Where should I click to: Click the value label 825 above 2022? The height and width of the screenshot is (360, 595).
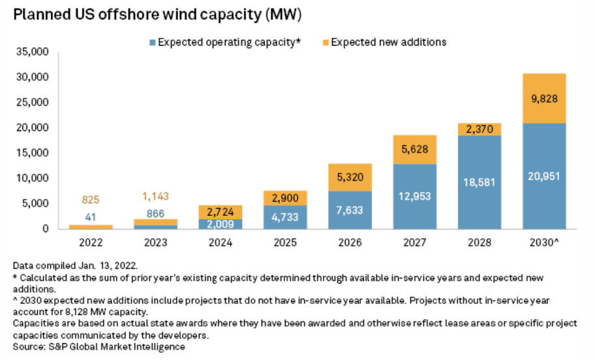91,200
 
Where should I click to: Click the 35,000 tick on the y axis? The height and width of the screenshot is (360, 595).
30,52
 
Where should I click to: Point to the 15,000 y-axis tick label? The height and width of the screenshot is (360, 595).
30,153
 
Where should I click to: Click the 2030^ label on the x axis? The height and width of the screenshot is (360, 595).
543,242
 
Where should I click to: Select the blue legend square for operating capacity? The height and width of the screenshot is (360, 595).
152,42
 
